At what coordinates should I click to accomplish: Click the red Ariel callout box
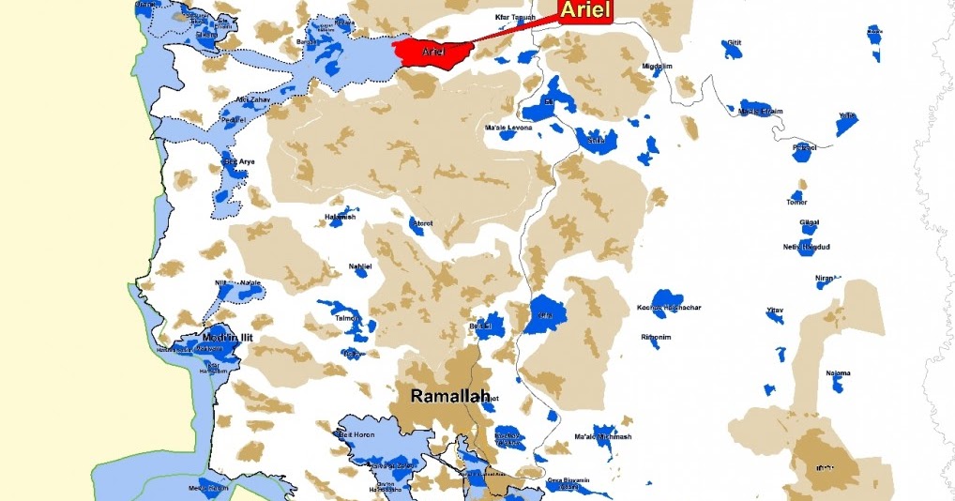(x=585, y=11)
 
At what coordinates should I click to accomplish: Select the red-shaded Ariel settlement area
(x=431, y=52)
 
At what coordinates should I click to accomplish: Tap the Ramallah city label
(x=450, y=397)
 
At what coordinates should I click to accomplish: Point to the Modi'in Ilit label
(x=229, y=338)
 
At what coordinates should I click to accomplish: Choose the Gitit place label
(x=734, y=43)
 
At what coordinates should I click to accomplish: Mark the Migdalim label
(x=657, y=68)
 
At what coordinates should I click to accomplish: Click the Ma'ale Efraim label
(x=761, y=111)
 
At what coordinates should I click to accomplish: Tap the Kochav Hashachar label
(x=669, y=308)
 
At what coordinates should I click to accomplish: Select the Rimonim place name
(x=656, y=336)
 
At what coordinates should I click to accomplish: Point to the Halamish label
(x=340, y=218)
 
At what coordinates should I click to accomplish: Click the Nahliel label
(x=360, y=266)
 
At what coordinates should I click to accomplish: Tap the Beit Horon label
(x=356, y=434)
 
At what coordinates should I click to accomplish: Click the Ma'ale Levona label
(x=508, y=127)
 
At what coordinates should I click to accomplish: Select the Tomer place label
(x=796, y=202)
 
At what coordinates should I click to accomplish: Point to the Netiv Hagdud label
(x=806, y=247)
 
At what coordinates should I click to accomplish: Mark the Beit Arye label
(x=238, y=162)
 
